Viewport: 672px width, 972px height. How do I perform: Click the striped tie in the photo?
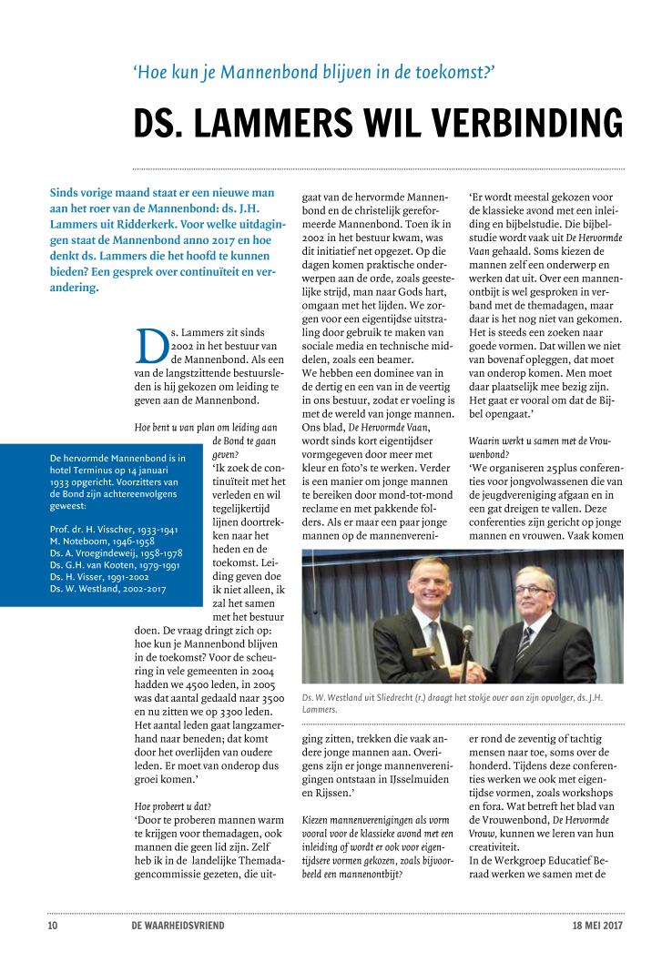[x=525, y=647]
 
